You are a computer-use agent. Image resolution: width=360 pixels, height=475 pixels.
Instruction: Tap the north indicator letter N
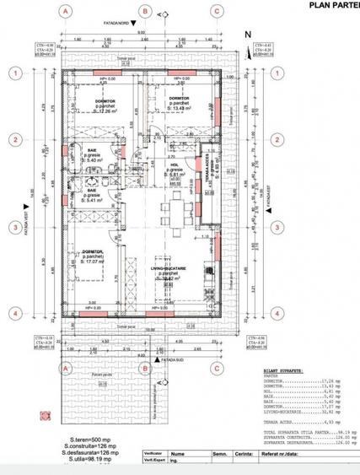pos(247,34)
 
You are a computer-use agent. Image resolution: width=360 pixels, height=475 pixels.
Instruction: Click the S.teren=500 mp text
pos(83,439)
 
